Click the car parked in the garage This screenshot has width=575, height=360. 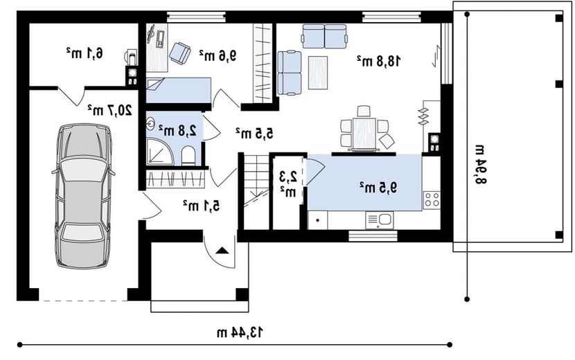click(83, 196)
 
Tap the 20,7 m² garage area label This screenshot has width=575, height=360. click(109, 109)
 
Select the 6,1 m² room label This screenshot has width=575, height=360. click(85, 53)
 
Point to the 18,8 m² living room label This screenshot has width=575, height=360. click(379, 61)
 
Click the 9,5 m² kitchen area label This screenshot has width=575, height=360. click(378, 188)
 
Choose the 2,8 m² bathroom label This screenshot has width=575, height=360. click(177, 130)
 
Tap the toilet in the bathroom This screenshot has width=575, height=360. click(188, 156)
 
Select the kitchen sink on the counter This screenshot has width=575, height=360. click(380, 220)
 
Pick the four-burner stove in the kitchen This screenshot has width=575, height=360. click(432, 200)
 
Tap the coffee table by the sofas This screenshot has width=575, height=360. click(318, 73)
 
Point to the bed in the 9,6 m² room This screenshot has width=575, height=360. click(179, 90)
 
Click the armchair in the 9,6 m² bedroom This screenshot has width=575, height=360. click(179, 53)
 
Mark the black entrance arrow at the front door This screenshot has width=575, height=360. click(222, 251)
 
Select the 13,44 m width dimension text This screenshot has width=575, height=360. click(240, 333)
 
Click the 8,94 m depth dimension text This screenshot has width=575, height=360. click(480, 165)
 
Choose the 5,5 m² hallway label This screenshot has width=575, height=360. click(254, 133)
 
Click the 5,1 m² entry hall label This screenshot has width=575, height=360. click(202, 206)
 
